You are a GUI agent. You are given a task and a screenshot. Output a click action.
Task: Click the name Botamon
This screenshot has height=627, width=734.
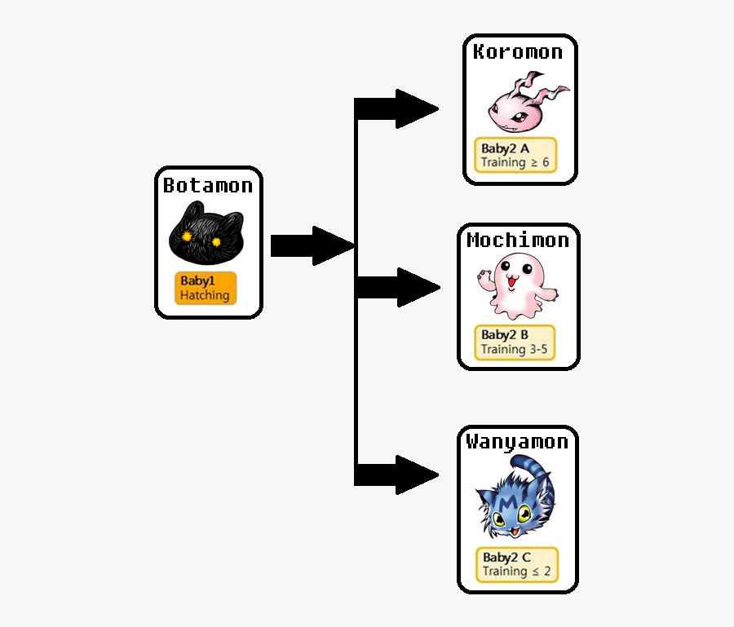pos(208,186)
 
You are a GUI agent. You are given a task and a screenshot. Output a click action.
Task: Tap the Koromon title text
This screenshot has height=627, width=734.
pos(518,52)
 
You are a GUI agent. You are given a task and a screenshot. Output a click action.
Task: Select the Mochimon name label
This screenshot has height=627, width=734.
pos(518,241)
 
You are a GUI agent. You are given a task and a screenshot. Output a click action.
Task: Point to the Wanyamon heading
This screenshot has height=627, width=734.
pos(517,442)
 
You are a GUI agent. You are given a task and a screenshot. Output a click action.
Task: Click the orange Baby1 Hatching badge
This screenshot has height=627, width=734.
pos(206,288)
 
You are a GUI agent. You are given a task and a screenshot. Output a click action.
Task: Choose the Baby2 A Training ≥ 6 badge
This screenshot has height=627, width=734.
pos(515,155)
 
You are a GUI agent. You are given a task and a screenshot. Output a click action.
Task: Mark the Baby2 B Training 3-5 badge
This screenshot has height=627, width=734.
pos(515,342)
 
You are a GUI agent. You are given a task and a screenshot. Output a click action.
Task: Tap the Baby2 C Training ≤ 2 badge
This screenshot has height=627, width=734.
pos(517,564)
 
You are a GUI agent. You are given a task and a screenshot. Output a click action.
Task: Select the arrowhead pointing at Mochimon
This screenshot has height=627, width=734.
pos(418,287)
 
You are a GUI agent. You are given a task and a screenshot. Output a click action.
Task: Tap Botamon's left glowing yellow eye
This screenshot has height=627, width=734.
pos(187,236)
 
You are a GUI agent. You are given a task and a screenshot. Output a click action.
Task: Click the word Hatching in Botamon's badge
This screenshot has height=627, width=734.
pos(205,295)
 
